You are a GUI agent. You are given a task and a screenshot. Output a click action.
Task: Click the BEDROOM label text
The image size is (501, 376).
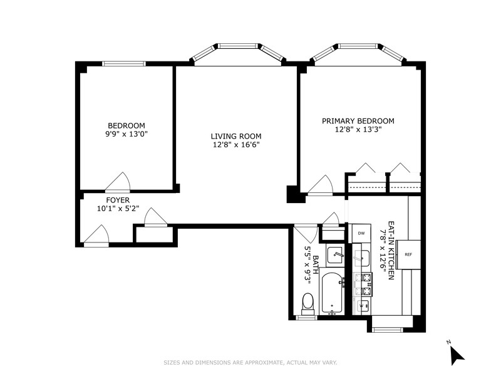127,125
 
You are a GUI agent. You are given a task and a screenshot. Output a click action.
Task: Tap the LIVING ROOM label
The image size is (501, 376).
235,136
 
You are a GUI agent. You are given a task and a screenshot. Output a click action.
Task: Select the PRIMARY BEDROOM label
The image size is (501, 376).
358,121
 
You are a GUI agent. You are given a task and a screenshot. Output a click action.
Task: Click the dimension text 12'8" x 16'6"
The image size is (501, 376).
235,145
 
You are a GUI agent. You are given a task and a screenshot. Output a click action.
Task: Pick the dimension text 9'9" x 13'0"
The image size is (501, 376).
127,133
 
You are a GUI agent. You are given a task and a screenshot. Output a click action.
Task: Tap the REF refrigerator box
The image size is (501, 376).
408,254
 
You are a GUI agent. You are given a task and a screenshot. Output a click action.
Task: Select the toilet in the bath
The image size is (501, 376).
307,303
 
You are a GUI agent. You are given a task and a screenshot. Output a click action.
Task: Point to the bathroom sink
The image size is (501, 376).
334,255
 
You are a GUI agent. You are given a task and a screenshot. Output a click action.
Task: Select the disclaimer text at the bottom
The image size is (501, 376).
250,362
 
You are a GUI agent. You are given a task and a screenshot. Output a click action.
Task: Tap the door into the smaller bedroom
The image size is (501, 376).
118,182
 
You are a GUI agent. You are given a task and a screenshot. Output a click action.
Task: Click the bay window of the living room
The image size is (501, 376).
237,48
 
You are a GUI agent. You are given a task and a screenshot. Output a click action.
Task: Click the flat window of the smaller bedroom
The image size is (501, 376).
124,63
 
